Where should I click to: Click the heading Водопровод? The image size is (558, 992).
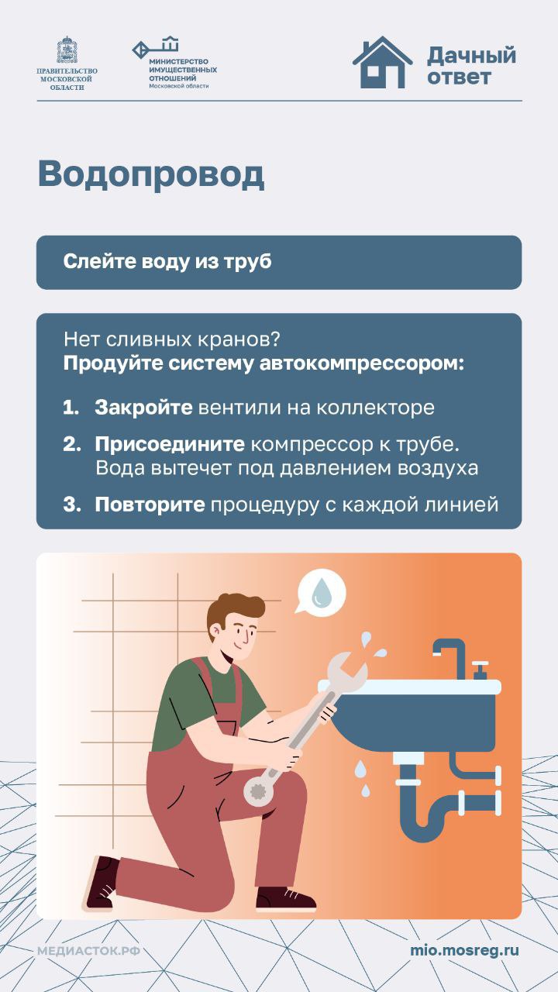pyautogui.click(x=151, y=175)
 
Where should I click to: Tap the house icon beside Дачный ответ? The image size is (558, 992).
pyautogui.click(x=383, y=63)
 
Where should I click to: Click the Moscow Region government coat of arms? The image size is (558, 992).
pyautogui.click(x=67, y=50)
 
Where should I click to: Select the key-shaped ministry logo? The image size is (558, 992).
pyautogui.click(x=156, y=47)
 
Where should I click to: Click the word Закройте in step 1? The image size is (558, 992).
pyautogui.click(x=143, y=408)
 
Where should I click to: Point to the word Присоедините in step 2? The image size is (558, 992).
pyautogui.click(x=170, y=444)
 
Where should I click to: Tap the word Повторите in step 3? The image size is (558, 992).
pyautogui.click(x=150, y=505)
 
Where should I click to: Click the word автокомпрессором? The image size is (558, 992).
pyautogui.click(x=361, y=364)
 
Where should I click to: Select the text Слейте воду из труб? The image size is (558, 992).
pyautogui.click(x=167, y=261)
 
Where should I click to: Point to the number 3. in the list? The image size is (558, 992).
pyautogui.click(x=72, y=505)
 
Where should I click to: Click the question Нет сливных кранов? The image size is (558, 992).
pyautogui.click(x=172, y=339)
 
